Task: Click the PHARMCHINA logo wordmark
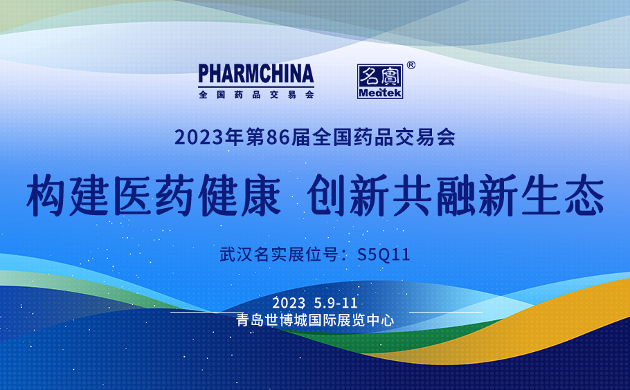tap(256, 73)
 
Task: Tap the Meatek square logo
tap(379, 82)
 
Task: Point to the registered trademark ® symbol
tap(411, 65)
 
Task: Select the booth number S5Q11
tap(384, 254)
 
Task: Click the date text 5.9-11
tap(336, 303)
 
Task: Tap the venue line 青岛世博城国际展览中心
tap(316, 320)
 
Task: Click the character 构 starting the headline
tap(46, 196)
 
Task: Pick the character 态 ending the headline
tap(584, 196)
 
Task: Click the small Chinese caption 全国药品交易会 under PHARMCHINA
tap(256, 95)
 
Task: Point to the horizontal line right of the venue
tap(446, 312)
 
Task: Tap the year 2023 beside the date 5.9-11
tap(289, 303)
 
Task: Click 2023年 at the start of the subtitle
tap(209, 137)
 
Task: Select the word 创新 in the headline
tap(348, 196)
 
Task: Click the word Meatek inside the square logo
tap(379, 93)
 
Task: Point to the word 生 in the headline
tap(541, 196)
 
